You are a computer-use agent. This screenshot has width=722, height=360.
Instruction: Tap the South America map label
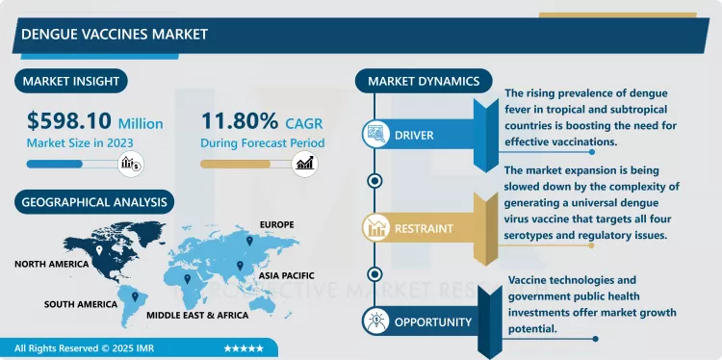coord(80,304)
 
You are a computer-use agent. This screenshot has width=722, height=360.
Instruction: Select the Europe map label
coord(275,224)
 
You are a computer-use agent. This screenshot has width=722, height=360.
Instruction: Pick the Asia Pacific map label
coord(288,272)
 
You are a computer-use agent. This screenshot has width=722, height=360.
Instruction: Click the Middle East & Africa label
coord(197,315)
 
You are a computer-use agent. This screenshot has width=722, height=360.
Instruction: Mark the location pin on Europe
coord(248,240)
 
